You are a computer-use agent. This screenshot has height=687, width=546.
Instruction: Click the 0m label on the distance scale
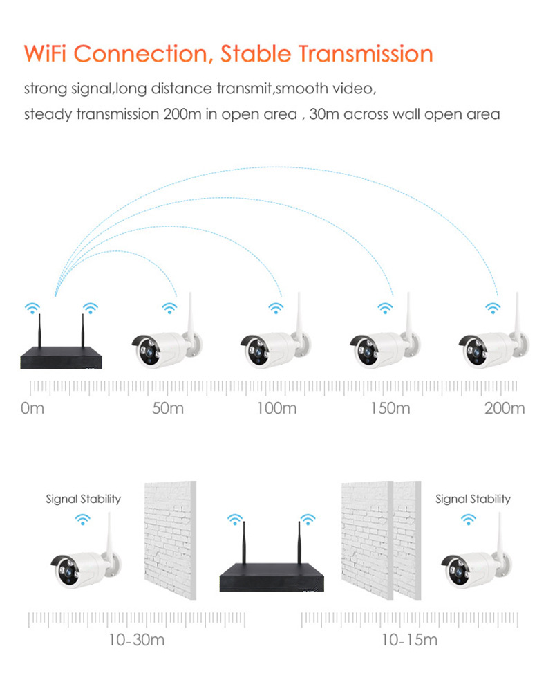tap(32, 408)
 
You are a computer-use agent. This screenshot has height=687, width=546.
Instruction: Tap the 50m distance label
tap(168, 408)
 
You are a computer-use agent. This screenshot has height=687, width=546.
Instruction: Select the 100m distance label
tap(276, 408)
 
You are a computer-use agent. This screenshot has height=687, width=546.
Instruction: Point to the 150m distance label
tap(390, 408)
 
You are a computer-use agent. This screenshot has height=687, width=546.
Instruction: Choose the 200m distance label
tap(505, 408)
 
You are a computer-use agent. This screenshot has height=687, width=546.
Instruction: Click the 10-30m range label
tap(136, 640)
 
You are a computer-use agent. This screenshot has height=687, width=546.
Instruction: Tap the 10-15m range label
tap(410, 640)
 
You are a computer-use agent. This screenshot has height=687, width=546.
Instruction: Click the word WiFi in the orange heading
tap(48, 53)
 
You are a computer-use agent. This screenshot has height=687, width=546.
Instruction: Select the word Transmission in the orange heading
tap(359, 53)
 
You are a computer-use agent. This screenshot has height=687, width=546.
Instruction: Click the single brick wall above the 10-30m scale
tap(170, 540)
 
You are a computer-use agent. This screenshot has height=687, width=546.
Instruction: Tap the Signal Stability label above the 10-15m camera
tap(473, 499)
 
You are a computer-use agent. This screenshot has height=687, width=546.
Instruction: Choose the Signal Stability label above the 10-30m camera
tap(84, 499)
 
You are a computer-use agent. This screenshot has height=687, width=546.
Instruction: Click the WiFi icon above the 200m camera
tap(493, 307)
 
